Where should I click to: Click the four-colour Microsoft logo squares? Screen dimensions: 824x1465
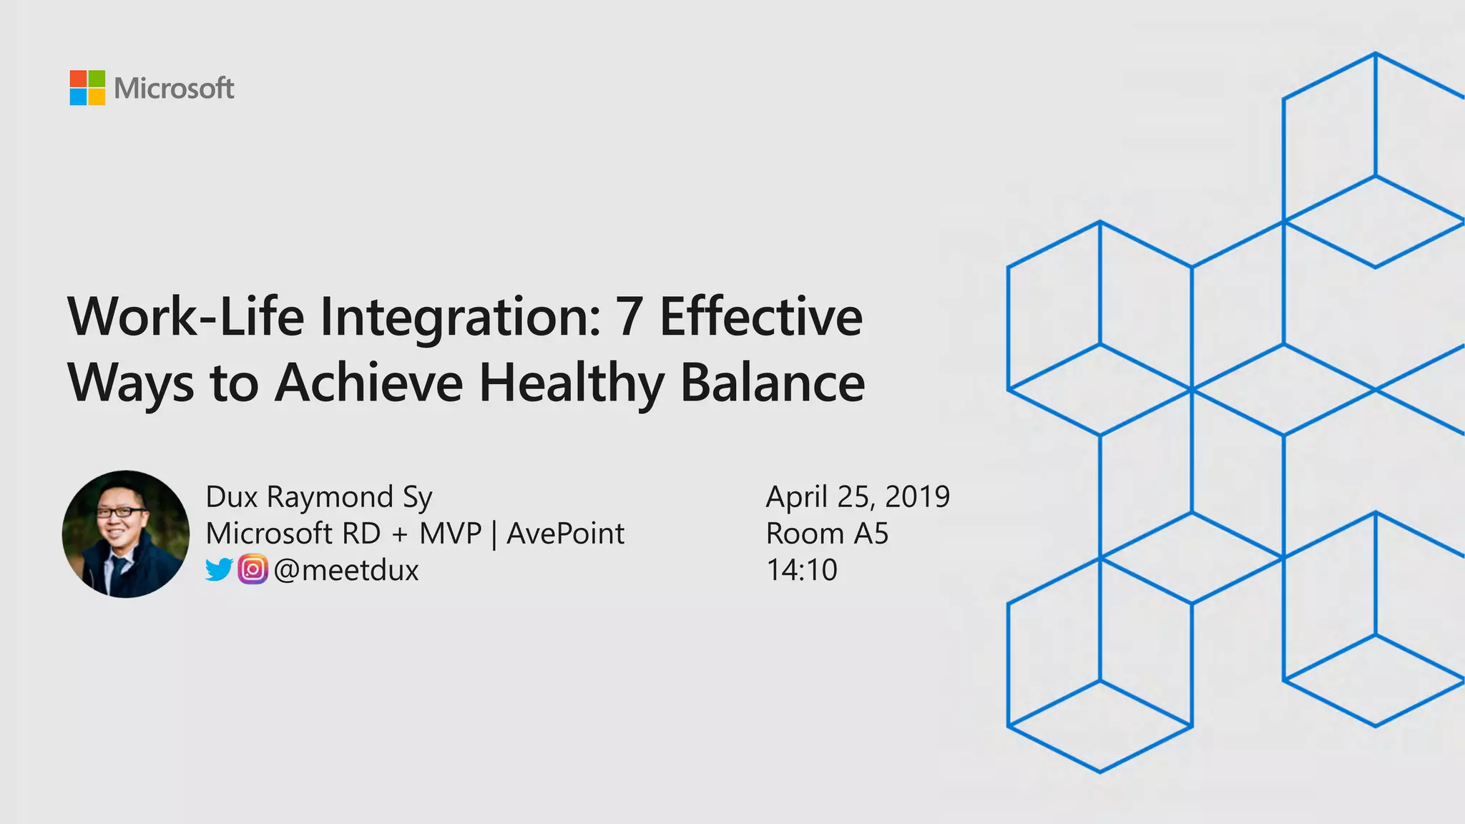coord(87,88)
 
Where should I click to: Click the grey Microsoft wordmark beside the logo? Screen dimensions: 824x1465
coord(174,89)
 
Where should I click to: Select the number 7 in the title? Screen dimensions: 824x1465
coord(629,317)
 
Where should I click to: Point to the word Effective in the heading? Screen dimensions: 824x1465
coord(760,317)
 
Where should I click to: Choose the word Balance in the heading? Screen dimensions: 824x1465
coord(772,383)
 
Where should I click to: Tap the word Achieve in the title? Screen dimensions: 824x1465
coord(369,383)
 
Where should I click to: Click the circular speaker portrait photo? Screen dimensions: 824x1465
coord(126,534)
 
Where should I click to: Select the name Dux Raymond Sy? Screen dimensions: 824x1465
coord(319,497)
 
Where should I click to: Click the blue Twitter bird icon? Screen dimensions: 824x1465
coord(219,570)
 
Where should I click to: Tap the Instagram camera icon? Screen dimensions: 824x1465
coord(253,570)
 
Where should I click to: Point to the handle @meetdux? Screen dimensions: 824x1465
coord(346,570)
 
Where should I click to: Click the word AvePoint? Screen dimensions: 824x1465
coord(565,534)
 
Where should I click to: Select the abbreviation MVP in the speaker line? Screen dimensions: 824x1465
coord(450,534)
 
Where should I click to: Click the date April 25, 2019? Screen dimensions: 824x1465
coord(858,497)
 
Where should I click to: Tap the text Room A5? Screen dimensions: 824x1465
coord(827,534)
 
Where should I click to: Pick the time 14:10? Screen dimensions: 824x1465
coord(801,570)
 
